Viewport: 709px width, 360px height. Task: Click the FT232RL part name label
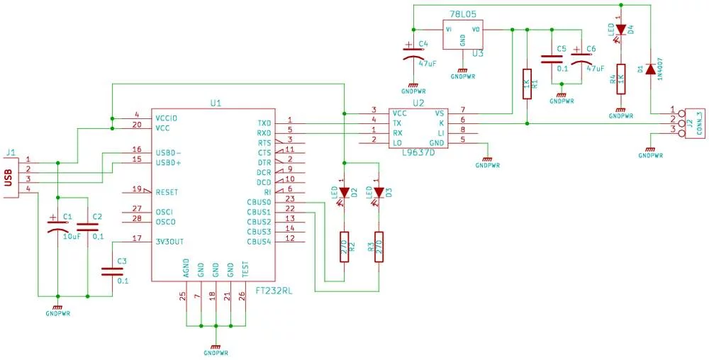pyautogui.click(x=274, y=291)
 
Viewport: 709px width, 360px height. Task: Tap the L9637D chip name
pyautogui.click(x=419, y=152)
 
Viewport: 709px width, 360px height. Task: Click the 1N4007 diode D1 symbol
pyautogui.click(x=650, y=69)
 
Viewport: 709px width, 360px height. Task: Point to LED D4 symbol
pyautogui.click(x=621, y=30)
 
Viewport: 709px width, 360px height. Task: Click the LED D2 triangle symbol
pyautogui.click(x=345, y=193)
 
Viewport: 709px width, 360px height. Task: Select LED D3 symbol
pyautogui.click(x=379, y=193)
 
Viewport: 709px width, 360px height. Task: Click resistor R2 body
pyautogui.click(x=345, y=247)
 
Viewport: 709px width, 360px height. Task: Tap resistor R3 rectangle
pyautogui.click(x=379, y=247)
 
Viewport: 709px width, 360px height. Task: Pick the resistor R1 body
pyautogui.click(x=527, y=84)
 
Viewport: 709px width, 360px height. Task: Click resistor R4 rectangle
pyautogui.click(x=621, y=79)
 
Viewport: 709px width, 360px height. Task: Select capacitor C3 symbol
pyautogui.click(x=112, y=271)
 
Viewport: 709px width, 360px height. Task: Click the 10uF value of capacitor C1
pyautogui.click(x=72, y=235)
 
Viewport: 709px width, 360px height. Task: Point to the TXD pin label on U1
pyautogui.click(x=264, y=123)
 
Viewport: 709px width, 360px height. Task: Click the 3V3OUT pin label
pyautogui.click(x=169, y=242)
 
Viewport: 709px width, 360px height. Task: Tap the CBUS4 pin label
pyautogui.click(x=259, y=242)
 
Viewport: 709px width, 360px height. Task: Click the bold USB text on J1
pyautogui.click(x=7, y=178)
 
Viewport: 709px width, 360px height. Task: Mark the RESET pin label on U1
pyautogui.click(x=167, y=192)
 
